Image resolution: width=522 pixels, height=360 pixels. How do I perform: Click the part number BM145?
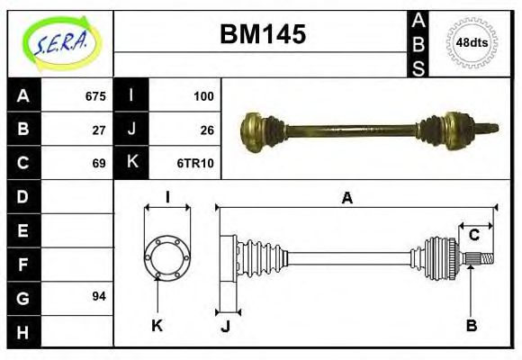263,34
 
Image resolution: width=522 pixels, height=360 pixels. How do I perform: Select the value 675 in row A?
95,96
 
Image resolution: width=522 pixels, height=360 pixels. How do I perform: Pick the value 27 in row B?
99,130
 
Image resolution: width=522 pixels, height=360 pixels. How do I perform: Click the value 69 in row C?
99,163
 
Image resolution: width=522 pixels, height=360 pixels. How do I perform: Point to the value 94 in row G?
99,296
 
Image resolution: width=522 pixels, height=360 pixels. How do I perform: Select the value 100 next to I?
203,96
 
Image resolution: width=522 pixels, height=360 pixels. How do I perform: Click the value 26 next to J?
207,130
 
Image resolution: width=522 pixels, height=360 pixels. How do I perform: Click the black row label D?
23,196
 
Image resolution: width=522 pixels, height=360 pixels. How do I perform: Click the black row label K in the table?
131,163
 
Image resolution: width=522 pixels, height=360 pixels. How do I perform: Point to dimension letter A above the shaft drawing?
347,198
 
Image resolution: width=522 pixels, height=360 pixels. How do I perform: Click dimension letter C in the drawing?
473,236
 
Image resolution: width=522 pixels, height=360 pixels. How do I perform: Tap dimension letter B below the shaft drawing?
471,325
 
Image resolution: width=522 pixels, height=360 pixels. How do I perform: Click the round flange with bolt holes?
168,256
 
